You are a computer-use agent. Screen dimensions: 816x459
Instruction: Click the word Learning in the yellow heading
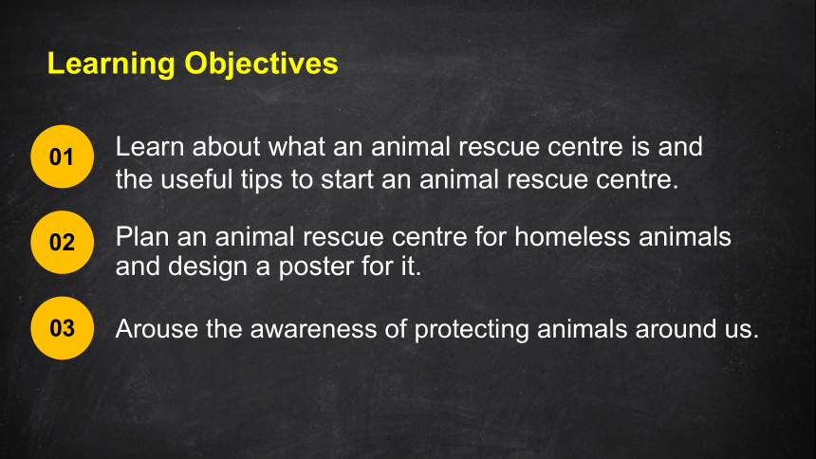(111, 64)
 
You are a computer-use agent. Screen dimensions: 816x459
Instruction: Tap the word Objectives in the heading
(261, 64)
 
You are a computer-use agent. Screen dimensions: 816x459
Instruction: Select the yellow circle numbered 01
(63, 156)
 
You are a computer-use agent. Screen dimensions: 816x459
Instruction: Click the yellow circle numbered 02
(63, 243)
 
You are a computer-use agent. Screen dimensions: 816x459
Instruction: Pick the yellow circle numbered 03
(63, 328)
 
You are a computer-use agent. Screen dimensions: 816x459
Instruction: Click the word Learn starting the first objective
(150, 147)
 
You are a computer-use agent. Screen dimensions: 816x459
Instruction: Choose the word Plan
(142, 237)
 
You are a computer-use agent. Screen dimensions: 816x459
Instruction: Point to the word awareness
(313, 329)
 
